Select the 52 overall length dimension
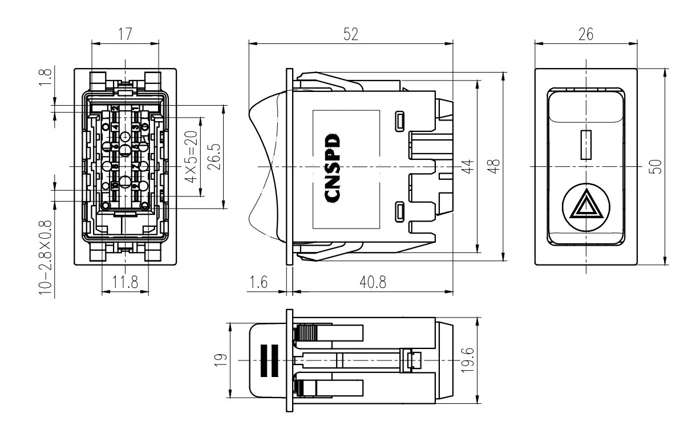[x=351, y=34]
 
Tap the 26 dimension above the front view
[x=586, y=34]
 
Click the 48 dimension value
[x=495, y=166]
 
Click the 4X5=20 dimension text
[x=191, y=156]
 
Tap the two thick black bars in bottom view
[x=268, y=360]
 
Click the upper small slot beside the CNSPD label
[x=400, y=121]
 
